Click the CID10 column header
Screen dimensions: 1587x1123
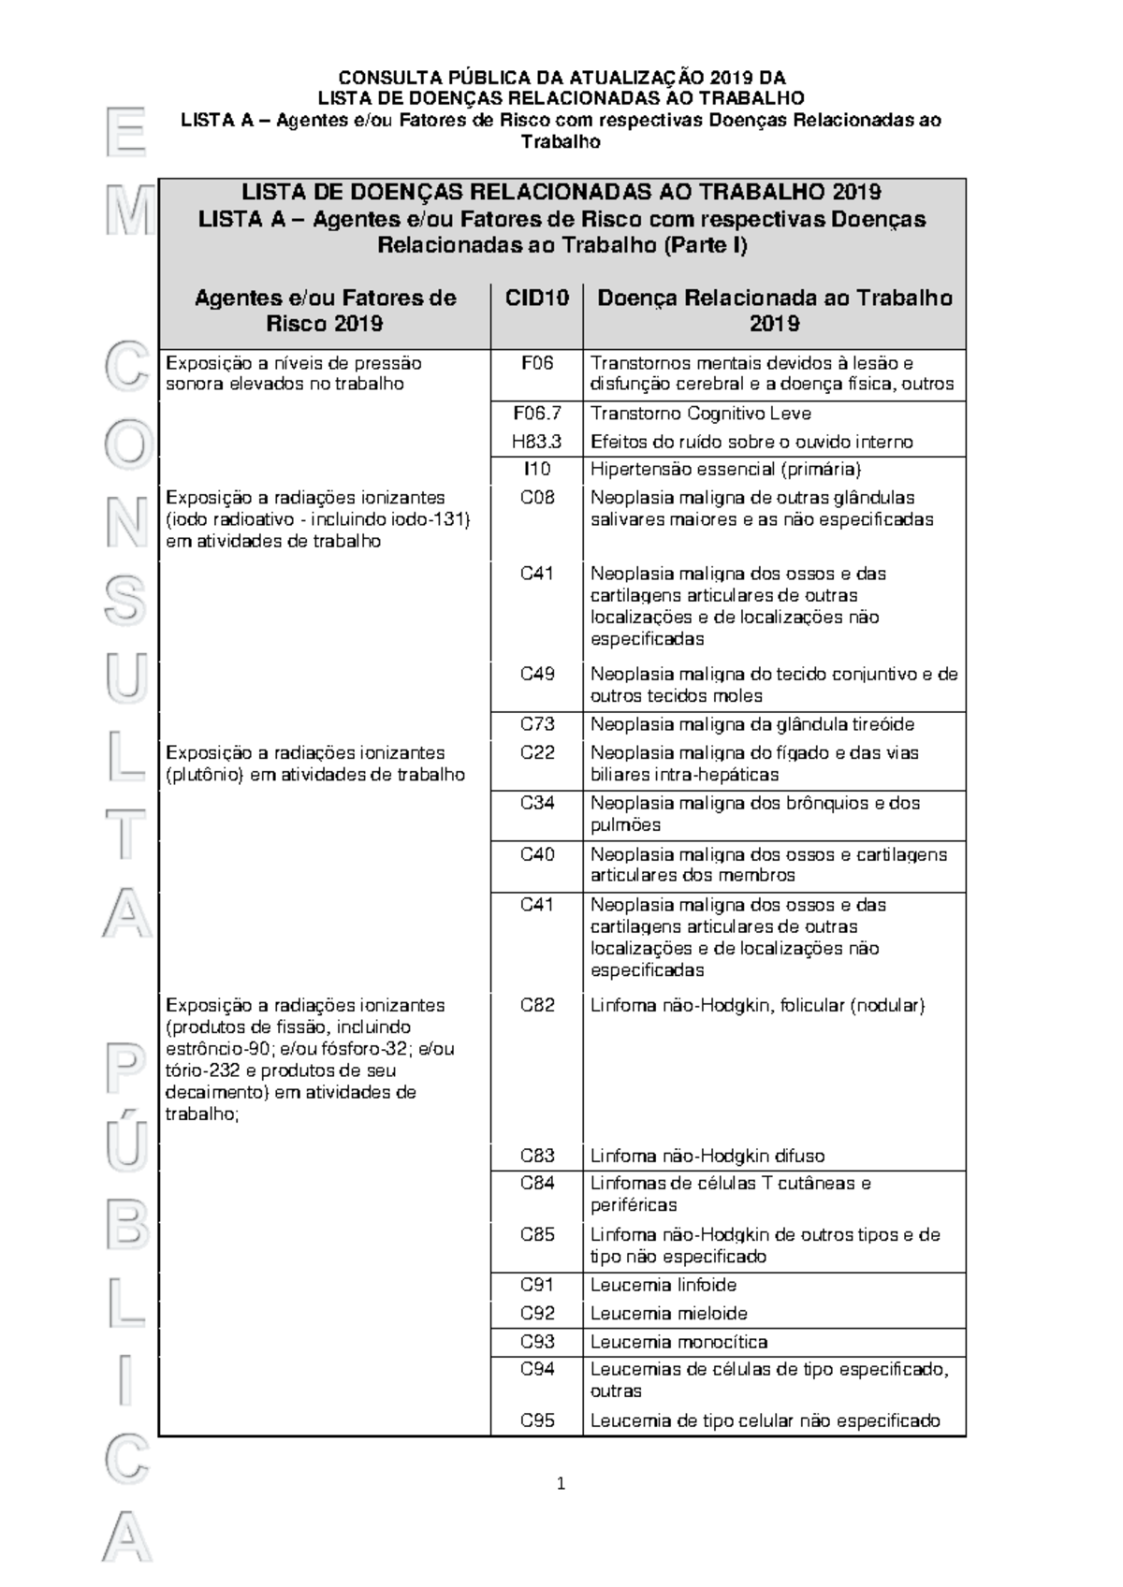tap(537, 298)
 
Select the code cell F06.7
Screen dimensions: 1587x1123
tap(537, 414)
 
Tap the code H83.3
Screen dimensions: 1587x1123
tap(537, 442)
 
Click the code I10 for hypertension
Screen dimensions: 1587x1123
tap(537, 470)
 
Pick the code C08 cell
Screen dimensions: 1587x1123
tap(537, 498)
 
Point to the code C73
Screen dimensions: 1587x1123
tap(537, 724)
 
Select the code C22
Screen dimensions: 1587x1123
tap(537, 752)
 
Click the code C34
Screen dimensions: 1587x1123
tap(537, 803)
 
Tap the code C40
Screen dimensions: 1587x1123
tap(537, 854)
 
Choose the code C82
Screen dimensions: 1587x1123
tap(537, 1005)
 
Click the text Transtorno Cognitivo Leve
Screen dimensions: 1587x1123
tap(700, 414)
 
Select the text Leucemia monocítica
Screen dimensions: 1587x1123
tap(678, 1342)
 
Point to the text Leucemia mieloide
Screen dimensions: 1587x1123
tap(668, 1314)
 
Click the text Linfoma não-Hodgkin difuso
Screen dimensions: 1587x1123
tap(707, 1156)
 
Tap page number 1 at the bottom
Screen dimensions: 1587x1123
tap(561, 1483)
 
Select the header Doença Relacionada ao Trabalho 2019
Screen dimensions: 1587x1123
tap(774, 311)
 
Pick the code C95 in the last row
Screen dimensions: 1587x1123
tap(537, 1420)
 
